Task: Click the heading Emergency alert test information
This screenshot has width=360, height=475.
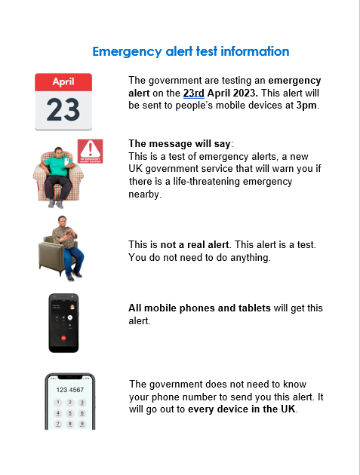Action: pos(190,51)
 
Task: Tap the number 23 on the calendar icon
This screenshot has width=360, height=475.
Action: pos(63,109)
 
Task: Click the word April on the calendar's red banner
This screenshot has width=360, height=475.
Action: pos(63,81)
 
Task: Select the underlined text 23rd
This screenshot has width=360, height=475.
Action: pos(194,93)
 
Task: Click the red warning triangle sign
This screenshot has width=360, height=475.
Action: pos(90,149)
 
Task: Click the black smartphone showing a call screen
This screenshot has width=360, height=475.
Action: pos(63,322)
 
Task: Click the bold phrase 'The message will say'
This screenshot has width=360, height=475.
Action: pos(180,144)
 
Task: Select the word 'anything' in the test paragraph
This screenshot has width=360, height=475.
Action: pos(246,257)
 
